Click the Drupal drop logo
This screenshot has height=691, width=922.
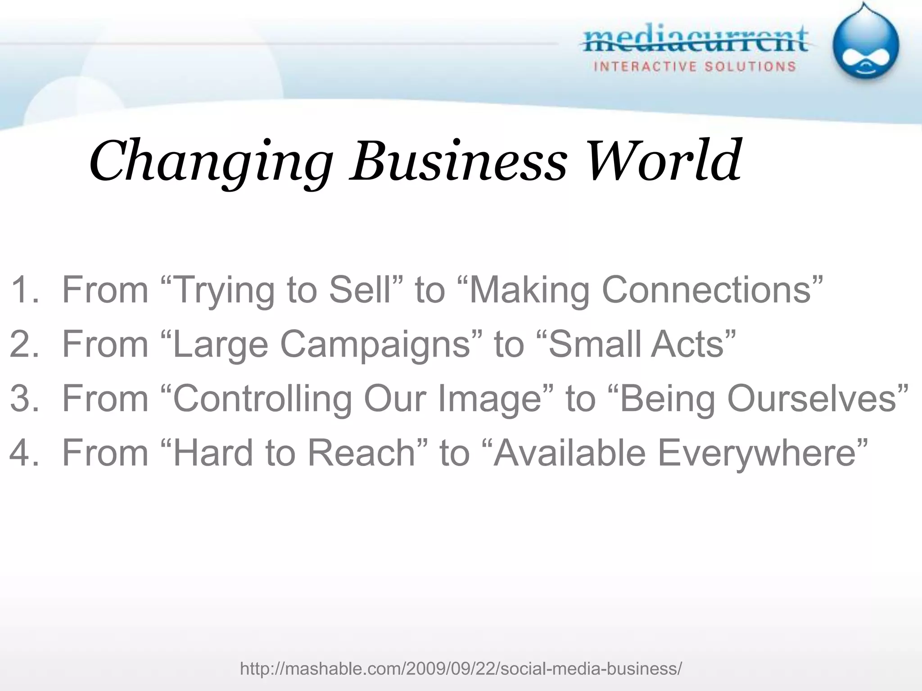(865, 45)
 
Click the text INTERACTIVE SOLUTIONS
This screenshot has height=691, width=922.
(695, 67)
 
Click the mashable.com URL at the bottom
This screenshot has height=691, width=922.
(461, 669)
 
